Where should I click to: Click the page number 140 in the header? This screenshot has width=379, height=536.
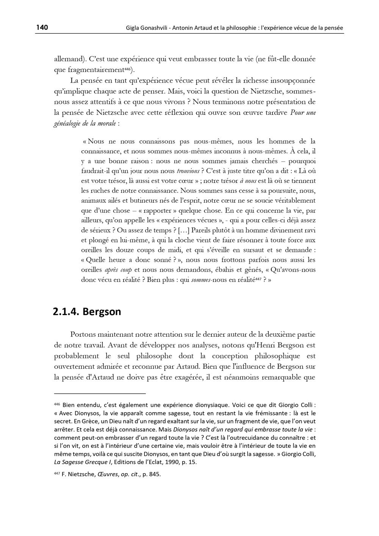pos(42,27)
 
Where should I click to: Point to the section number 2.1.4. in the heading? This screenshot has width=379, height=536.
pos(66,312)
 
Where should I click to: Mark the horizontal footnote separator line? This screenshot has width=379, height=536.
pos(100,394)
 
